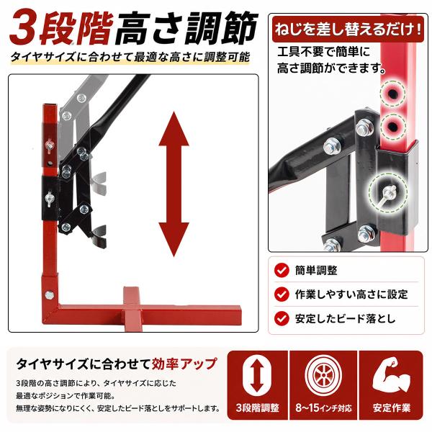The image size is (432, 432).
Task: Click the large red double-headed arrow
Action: point(174,184)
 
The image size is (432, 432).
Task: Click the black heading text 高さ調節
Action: point(186,27)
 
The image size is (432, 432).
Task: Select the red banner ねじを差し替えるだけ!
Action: point(348,29)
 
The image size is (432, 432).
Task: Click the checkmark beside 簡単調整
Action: point(282,270)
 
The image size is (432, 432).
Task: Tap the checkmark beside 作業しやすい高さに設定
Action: point(282,294)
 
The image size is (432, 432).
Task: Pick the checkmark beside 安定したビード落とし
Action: point(282,318)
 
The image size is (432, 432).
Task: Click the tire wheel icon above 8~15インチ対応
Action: point(323,375)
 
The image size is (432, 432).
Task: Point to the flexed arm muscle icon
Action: point(391,374)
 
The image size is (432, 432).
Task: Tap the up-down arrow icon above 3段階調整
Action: point(257,375)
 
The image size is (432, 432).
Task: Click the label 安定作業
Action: point(392,408)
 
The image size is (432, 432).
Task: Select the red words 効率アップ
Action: point(184,364)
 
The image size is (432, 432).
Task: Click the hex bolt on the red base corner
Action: point(50,295)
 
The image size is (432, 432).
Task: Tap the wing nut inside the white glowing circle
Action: point(387,192)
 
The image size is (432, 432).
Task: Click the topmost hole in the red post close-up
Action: point(392,94)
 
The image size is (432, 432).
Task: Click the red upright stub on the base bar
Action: point(131,296)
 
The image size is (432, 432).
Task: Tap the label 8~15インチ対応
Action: point(323,408)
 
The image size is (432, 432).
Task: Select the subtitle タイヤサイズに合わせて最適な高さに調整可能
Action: point(130,57)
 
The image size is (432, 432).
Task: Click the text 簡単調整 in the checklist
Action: point(316,270)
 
